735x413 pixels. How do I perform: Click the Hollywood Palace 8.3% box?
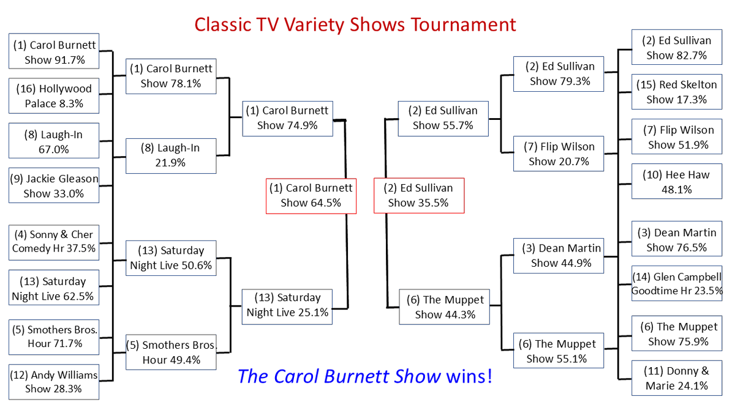coord(54,95)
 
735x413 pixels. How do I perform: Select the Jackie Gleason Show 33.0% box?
coord(54,185)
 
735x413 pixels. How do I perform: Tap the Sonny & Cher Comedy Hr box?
coord(54,242)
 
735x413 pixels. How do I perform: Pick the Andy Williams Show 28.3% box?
coord(54,382)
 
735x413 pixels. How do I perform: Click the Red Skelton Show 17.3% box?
coord(677,92)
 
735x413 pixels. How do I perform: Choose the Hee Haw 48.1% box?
coord(677,181)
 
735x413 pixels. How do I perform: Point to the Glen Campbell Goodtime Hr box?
coord(677,283)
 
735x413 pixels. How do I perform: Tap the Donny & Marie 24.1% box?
coord(677,378)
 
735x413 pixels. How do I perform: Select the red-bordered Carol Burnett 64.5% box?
coord(311,196)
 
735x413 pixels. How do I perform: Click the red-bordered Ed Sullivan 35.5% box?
coord(419,196)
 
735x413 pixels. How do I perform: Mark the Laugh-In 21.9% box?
coord(171,156)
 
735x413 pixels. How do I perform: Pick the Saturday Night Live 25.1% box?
coord(287,307)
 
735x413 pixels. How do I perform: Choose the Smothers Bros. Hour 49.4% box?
coord(171,352)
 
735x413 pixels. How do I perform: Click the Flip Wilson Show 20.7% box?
coord(559,154)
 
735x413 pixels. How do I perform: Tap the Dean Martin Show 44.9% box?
coord(559,256)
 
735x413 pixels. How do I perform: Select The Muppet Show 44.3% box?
coord(444,307)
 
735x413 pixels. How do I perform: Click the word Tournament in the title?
coord(464,24)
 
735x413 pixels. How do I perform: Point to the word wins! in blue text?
coord(469,376)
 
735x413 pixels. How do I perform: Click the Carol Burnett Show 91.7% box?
coord(54,51)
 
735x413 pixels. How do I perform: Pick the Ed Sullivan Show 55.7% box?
coord(443,119)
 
